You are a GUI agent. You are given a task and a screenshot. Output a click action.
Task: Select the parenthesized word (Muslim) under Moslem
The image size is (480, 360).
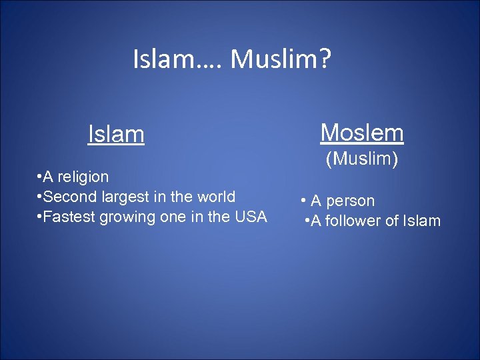coord(361,160)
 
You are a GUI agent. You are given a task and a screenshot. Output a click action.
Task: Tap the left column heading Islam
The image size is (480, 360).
coord(116,135)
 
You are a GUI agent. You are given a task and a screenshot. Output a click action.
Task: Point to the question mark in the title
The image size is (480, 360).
coord(324,59)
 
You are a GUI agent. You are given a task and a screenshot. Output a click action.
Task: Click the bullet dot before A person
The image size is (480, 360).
coord(303,201)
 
